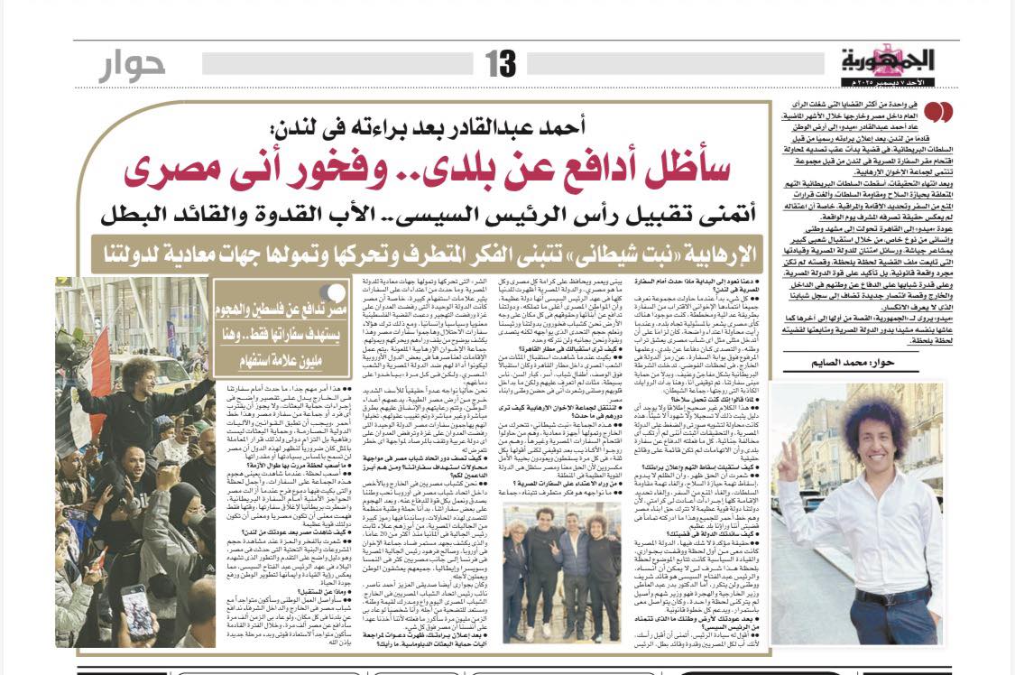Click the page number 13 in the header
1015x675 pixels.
(501, 63)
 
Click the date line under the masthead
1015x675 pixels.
(890, 83)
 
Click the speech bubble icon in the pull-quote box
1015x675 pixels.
(336, 293)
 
